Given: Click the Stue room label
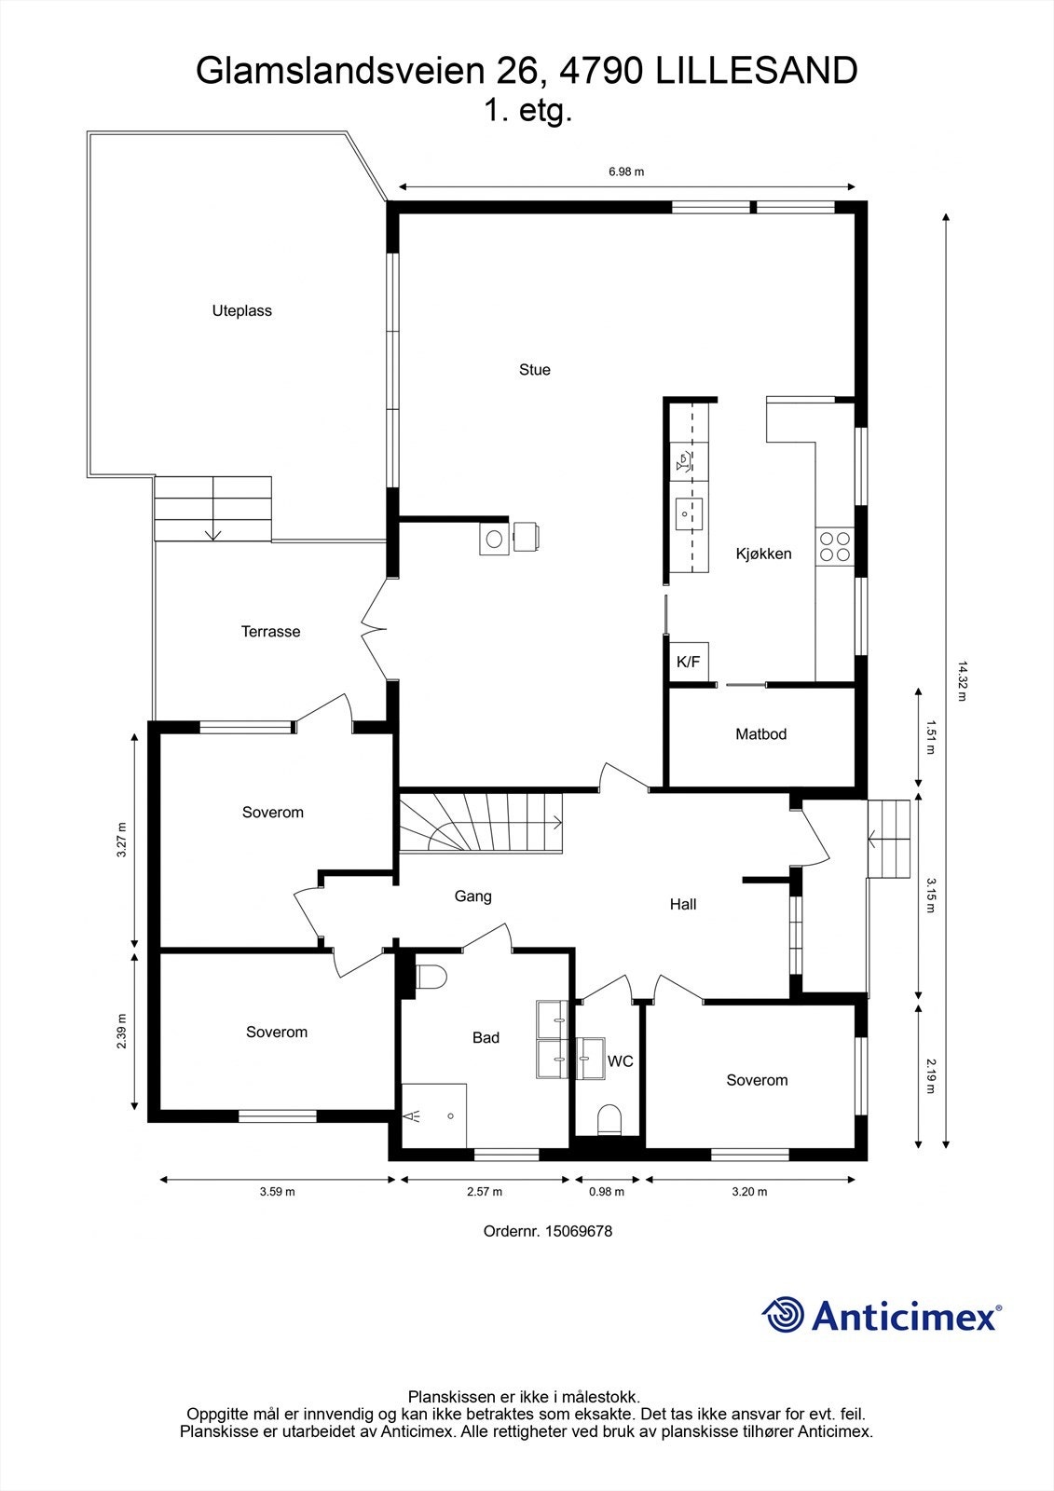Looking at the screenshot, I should pyautogui.click(x=534, y=370).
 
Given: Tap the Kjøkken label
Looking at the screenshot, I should pyautogui.click(x=763, y=554).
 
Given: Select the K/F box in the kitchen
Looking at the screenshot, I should pyautogui.click(x=689, y=663).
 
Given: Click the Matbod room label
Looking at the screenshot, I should pyautogui.click(x=760, y=734).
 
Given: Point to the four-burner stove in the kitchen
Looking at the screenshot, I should pyautogui.click(x=834, y=546).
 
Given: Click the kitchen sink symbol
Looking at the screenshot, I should pyautogui.click(x=688, y=513).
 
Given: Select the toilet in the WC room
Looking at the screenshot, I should pyautogui.click(x=609, y=1118).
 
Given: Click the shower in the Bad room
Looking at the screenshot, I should pyautogui.click(x=433, y=1115).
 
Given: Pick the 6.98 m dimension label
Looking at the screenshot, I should pyautogui.click(x=626, y=171).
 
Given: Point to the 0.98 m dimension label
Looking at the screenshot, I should pyautogui.click(x=607, y=1192).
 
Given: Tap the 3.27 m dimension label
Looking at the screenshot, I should pyautogui.click(x=121, y=840).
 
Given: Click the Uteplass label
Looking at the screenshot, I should pyautogui.click(x=241, y=311).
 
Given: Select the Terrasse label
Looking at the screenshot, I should pyautogui.click(x=270, y=632).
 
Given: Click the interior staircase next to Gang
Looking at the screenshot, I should pyautogui.click(x=482, y=821).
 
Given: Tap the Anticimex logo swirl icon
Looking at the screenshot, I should pyautogui.click(x=783, y=1315).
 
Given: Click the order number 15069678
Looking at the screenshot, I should pyautogui.click(x=578, y=1231).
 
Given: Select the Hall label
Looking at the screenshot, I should pyautogui.click(x=683, y=904).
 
